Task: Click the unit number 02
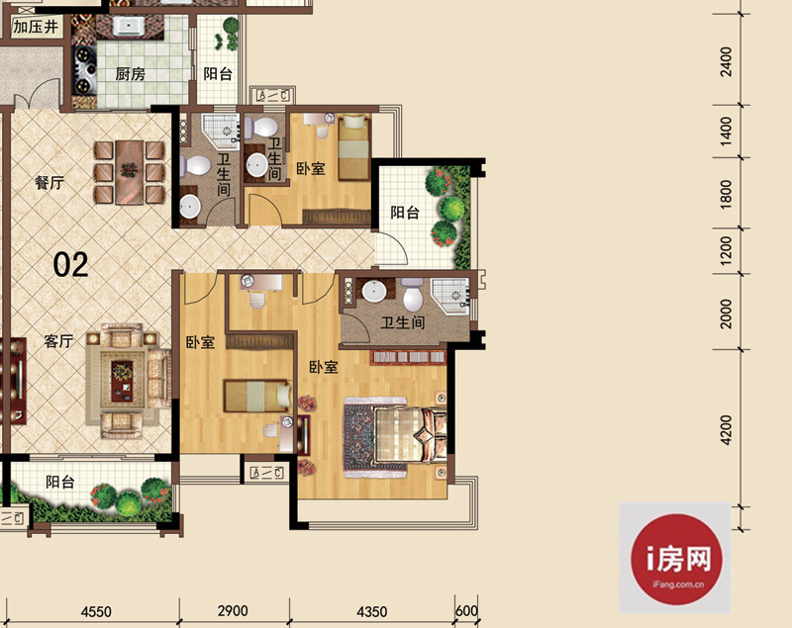[70, 265]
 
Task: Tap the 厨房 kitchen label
[130, 74]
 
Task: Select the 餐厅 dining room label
[49, 183]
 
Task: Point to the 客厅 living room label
[58, 341]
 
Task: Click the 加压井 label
[36, 27]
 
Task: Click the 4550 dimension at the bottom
[96, 612]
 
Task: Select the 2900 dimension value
[233, 611]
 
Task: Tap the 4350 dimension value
[372, 612]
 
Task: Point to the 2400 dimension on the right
[726, 61]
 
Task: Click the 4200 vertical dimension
[726, 430]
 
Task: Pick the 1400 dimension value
[726, 132]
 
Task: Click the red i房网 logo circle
[677, 559]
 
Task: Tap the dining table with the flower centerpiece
[130, 172]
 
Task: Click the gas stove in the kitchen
[84, 70]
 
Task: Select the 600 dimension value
[466, 611]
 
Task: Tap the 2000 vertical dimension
[726, 314]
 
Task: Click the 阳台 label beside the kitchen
[218, 74]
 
